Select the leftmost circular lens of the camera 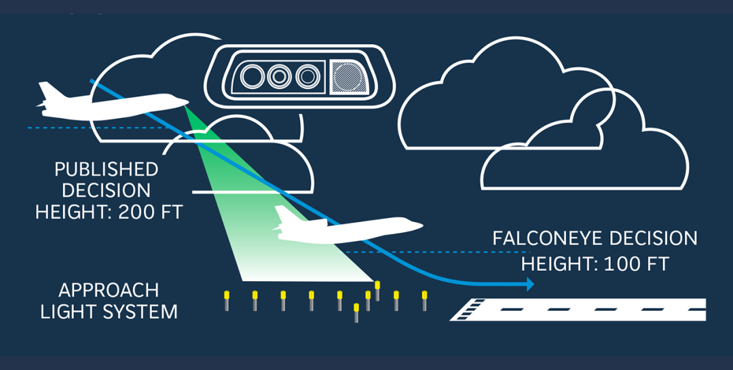pos(252,76)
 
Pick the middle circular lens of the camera pos(280,76)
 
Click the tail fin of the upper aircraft pos(47,90)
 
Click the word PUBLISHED pos(107,169)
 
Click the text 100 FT pos(637,264)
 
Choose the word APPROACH pos(109,290)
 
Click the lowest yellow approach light pos(356,312)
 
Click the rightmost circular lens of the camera pos(308,76)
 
